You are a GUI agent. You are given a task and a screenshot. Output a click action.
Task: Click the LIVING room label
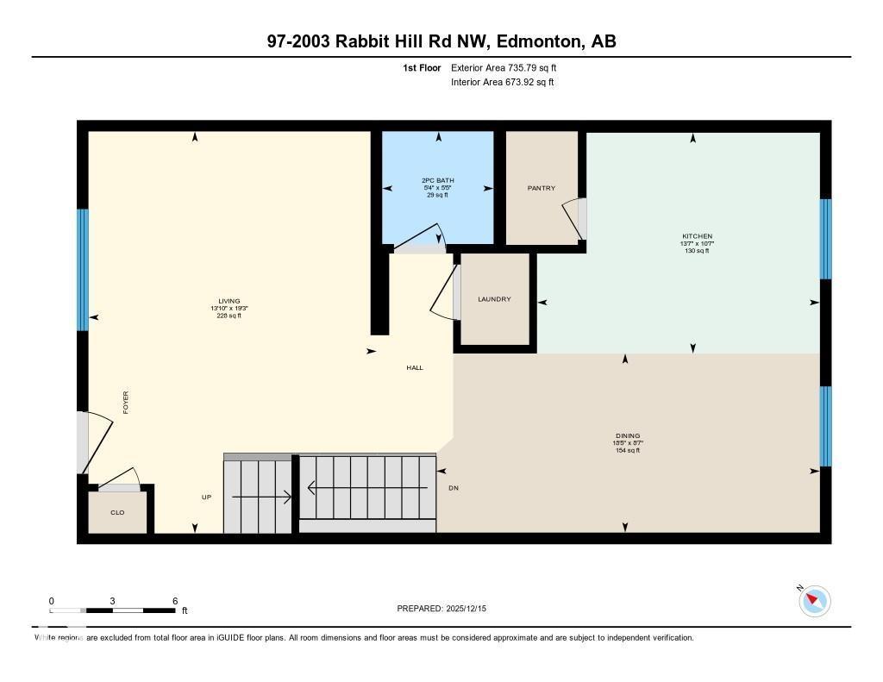[x=229, y=301]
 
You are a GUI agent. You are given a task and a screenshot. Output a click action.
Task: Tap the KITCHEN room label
[x=697, y=236]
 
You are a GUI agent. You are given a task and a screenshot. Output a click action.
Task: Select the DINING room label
[x=628, y=436]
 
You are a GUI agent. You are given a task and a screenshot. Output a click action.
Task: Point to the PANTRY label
[x=542, y=188]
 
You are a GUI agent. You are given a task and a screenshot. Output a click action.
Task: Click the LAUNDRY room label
[x=494, y=299]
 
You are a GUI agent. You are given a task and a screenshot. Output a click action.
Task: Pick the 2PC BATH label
[x=438, y=180]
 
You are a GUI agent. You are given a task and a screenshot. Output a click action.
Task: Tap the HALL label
[x=415, y=367]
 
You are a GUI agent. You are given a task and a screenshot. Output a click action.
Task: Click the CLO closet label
[x=117, y=512]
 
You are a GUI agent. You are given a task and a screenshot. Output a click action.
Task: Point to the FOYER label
[x=126, y=403]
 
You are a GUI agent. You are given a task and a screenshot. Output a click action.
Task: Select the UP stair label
[x=207, y=497]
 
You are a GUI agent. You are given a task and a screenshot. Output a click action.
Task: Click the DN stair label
[x=454, y=488]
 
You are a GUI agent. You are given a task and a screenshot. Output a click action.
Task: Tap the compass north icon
[x=814, y=600]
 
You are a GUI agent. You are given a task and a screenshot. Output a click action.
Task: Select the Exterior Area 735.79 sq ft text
[x=510, y=67]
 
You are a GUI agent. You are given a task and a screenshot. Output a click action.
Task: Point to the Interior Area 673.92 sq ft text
[x=502, y=83]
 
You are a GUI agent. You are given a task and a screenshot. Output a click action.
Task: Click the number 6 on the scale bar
[x=175, y=601]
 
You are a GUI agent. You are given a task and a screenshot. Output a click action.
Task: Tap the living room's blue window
[x=83, y=270]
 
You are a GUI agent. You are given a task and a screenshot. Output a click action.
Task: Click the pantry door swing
[x=573, y=220]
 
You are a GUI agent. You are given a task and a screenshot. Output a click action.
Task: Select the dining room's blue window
[x=825, y=426]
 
